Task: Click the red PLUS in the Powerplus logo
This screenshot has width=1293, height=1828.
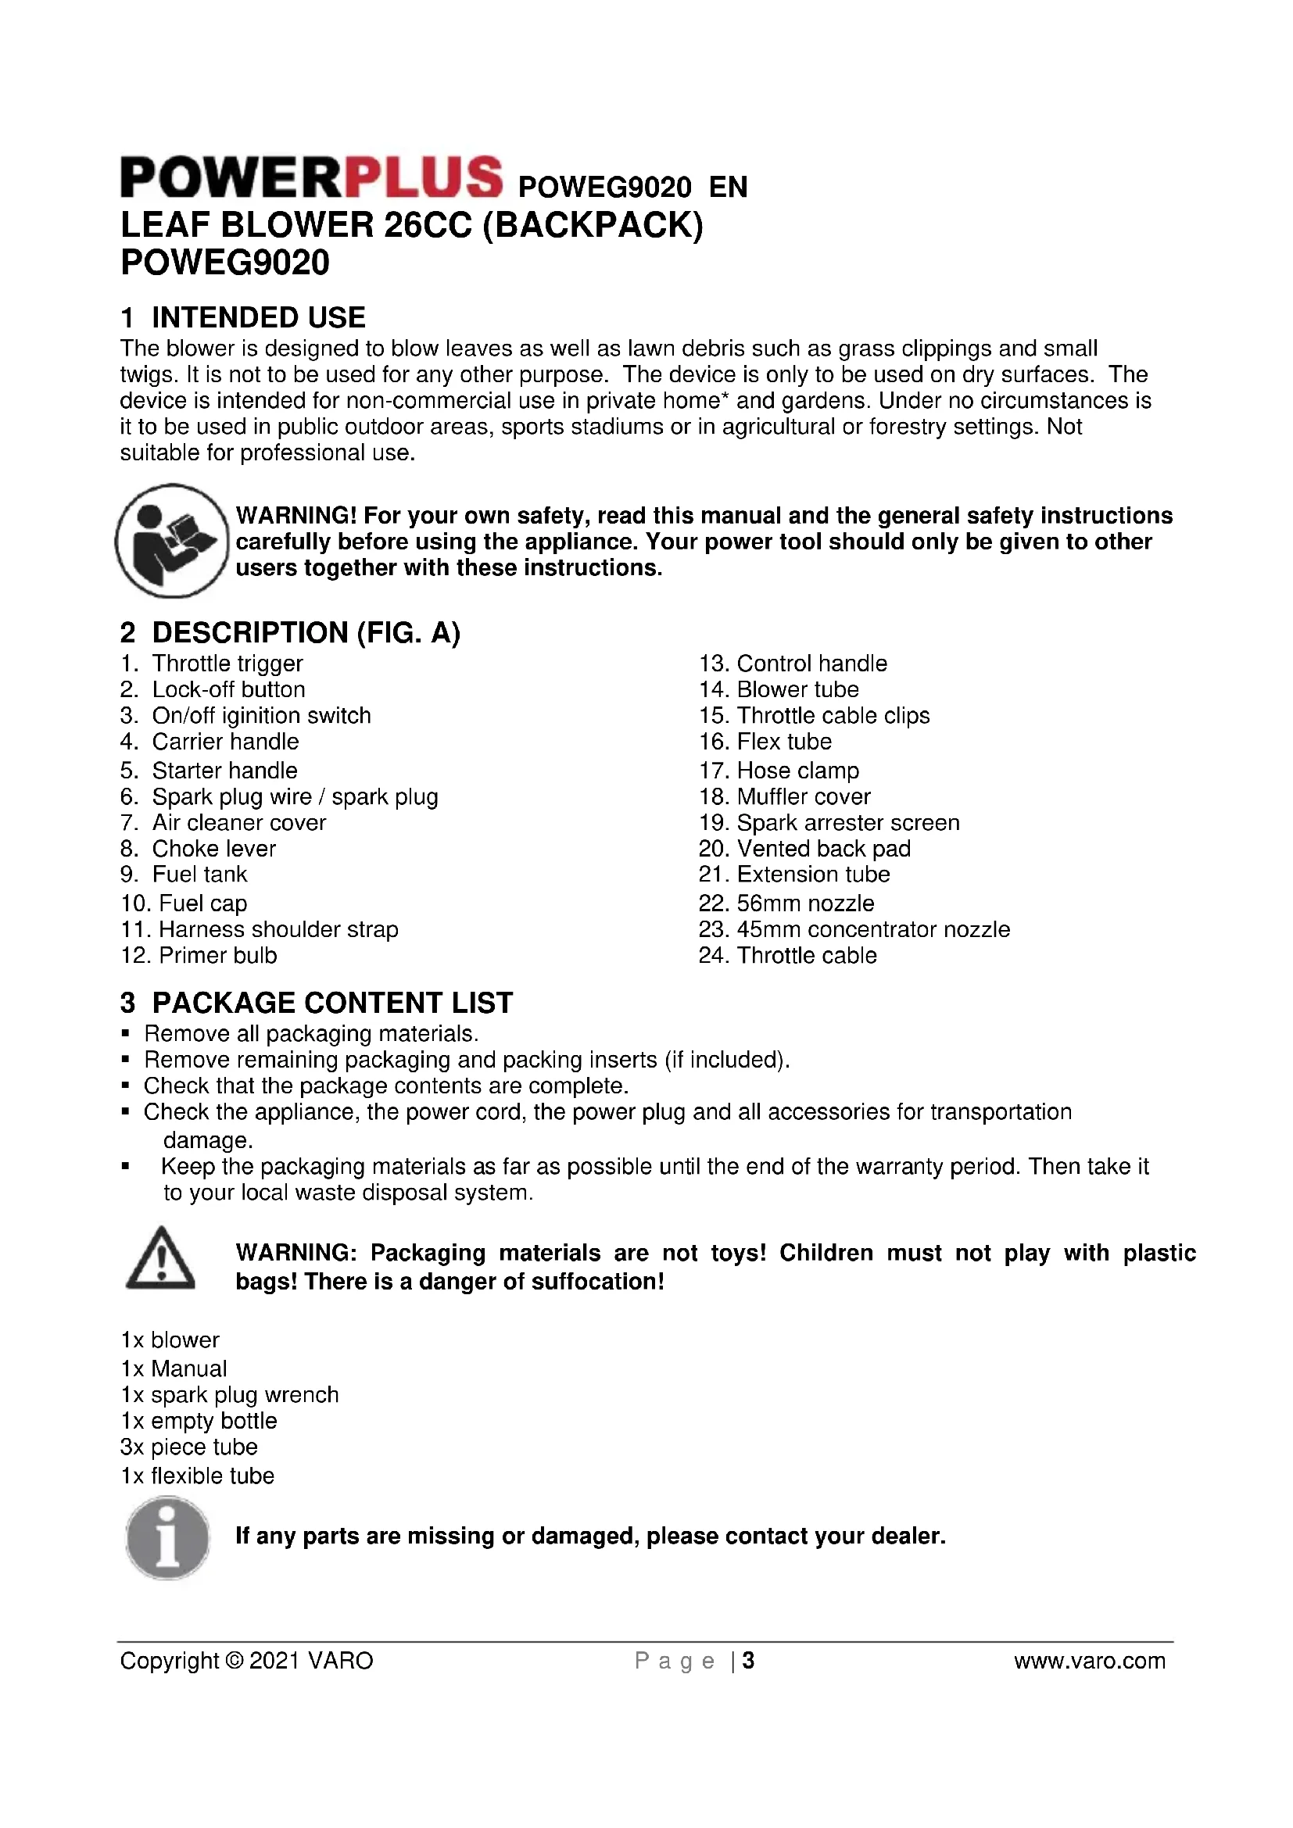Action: [418, 176]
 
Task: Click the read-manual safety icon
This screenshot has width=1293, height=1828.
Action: [172, 541]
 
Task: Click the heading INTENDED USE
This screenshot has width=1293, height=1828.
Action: [258, 317]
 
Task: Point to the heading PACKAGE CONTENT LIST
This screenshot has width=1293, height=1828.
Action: [332, 1003]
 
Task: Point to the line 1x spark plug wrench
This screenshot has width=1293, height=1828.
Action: [229, 1395]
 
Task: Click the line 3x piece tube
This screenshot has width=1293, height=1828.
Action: [188, 1447]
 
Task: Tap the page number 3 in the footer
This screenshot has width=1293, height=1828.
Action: [747, 1661]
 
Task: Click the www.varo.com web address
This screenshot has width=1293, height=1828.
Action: [1089, 1661]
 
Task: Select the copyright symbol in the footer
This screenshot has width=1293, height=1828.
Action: [235, 1661]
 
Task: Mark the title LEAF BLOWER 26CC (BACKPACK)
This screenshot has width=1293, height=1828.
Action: [412, 225]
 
